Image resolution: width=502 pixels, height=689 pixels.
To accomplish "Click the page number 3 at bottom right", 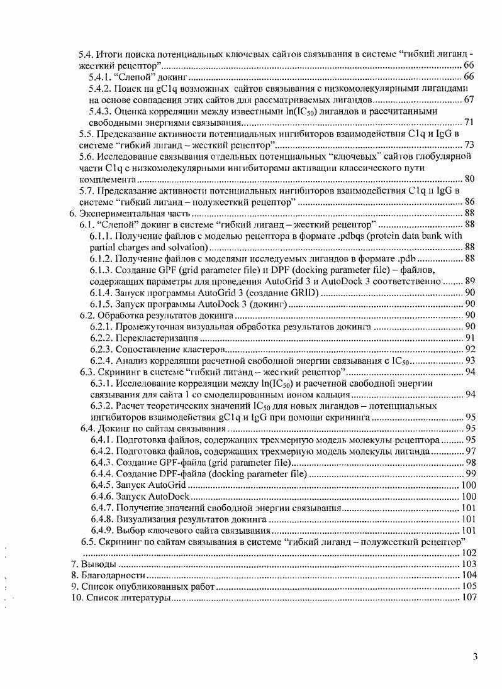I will [476, 658].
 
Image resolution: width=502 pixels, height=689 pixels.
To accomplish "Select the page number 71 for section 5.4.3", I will [469, 122].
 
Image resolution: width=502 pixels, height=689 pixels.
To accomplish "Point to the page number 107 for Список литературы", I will [466, 598].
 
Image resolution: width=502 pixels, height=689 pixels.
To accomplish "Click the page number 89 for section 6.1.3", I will [469, 281].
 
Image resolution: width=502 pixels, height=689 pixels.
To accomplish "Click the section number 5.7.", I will [86, 190].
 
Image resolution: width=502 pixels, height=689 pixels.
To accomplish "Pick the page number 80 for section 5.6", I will [469, 179].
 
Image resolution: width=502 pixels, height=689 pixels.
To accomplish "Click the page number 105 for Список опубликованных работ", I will [466, 587].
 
